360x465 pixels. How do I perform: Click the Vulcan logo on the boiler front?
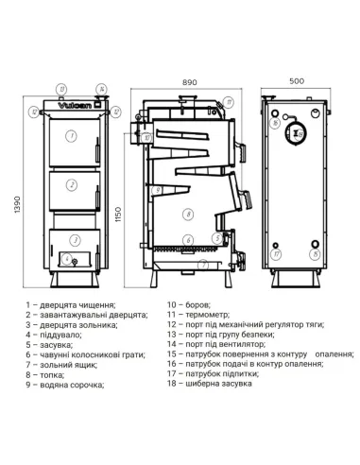click(x=75, y=110)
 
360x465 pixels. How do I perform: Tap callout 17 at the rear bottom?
click(x=277, y=253)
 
